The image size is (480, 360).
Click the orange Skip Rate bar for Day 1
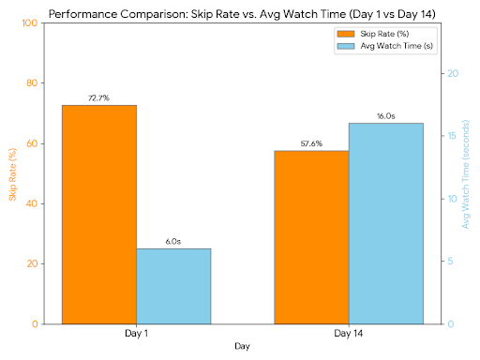98,215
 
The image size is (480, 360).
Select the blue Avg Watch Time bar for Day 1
173,286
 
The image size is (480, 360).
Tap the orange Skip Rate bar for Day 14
310,237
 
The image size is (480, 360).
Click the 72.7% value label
98,97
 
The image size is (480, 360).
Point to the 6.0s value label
173,241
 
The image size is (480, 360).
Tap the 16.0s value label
385,116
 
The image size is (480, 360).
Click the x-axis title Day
242,348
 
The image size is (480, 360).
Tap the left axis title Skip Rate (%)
12,173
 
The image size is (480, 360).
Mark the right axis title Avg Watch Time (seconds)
466,173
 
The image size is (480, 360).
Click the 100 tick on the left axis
28,22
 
